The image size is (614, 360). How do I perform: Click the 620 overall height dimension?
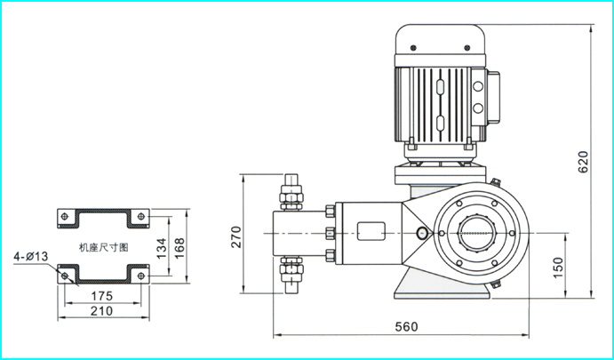point(583,162)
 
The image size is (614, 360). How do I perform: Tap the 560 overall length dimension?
point(406,327)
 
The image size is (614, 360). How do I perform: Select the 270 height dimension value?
point(236,236)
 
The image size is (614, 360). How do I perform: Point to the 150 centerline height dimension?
point(558,268)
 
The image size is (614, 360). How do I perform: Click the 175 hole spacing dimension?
point(101,296)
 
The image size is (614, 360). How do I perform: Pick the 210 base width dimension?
point(101,311)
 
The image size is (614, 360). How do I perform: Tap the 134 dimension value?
point(162,248)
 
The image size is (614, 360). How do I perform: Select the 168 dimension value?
point(179,248)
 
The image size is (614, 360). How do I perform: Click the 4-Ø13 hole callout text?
point(31,257)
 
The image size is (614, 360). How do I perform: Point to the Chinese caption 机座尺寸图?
point(103,248)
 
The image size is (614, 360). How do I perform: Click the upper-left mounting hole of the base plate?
point(65,216)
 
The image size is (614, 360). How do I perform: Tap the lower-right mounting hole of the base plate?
point(141,276)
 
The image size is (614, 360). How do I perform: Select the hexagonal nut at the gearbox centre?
point(477,233)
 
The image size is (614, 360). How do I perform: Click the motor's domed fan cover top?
point(440,39)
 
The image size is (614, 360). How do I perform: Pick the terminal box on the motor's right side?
point(492,98)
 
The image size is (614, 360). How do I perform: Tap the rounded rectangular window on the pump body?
point(371,231)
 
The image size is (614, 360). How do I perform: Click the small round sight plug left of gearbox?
point(422,234)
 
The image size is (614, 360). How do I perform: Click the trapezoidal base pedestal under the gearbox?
point(442,283)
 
